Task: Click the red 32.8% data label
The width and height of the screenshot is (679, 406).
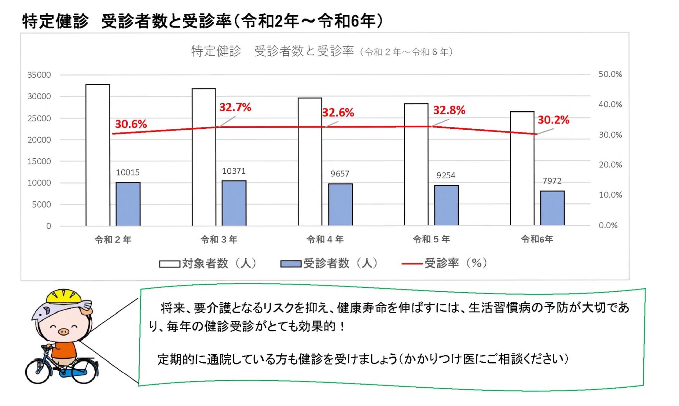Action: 449,110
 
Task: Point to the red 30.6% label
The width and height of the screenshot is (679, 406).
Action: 131,124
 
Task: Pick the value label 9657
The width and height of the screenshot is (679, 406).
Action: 340,174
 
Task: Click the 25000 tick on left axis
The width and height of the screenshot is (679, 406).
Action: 39,118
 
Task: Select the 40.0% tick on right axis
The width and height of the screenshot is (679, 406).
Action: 610,104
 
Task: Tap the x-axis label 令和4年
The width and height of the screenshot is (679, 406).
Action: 325,240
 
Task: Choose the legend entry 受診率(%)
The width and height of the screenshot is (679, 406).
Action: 456,263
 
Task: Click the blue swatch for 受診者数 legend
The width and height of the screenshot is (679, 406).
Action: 291,264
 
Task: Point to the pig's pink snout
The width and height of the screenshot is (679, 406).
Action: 63,331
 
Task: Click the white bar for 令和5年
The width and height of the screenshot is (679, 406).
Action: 416,164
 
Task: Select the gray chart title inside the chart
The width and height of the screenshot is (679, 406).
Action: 322,51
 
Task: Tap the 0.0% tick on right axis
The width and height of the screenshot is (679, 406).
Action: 608,226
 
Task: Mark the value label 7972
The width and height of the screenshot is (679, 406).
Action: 552,181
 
